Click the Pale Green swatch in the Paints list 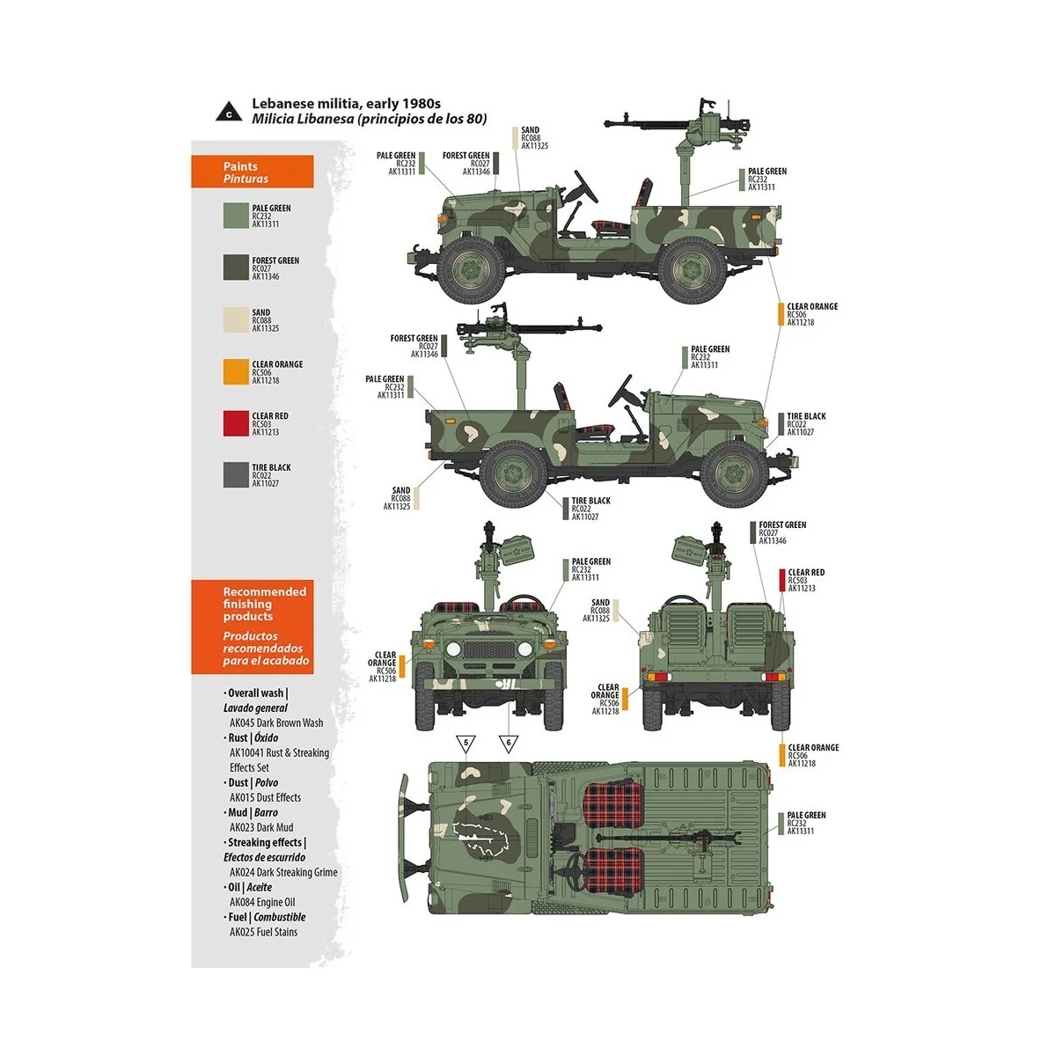pos(236,216)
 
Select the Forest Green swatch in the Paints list pos(236,268)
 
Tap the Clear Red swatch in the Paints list pos(236,423)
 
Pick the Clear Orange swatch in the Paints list pos(236,371)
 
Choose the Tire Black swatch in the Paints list pos(236,475)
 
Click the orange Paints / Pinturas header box pos(253,172)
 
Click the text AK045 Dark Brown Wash pos(276,722)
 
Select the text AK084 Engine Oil pos(262,902)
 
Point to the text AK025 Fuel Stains pos(264,932)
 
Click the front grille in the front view pos(487,652)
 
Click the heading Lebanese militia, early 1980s pos(346,104)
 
